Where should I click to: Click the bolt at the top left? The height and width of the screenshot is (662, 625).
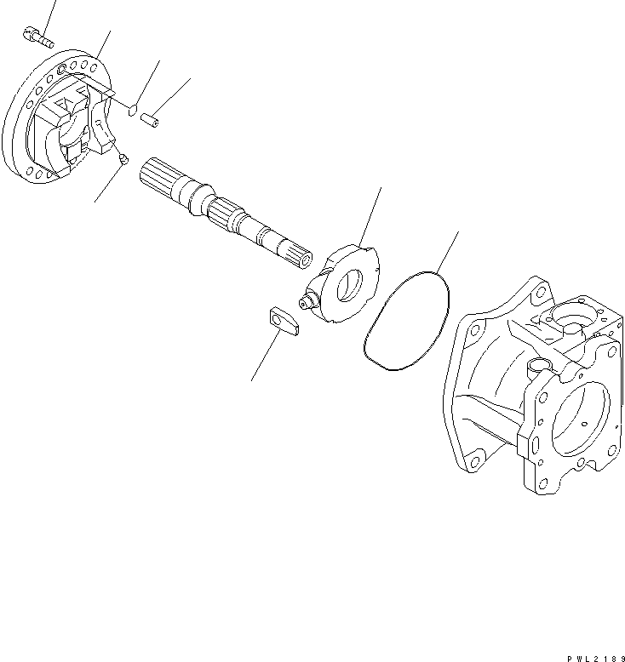tap(36, 37)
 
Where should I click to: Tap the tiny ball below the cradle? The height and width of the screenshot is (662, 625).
tap(124, 158)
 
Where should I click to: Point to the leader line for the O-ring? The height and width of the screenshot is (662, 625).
tap(448, 250)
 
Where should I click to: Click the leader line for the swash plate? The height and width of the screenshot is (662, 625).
tap(370, 218)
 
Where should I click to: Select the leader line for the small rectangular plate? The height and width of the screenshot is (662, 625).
tap(263, 357)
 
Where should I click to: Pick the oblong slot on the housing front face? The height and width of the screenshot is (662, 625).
tap(534, 444)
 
